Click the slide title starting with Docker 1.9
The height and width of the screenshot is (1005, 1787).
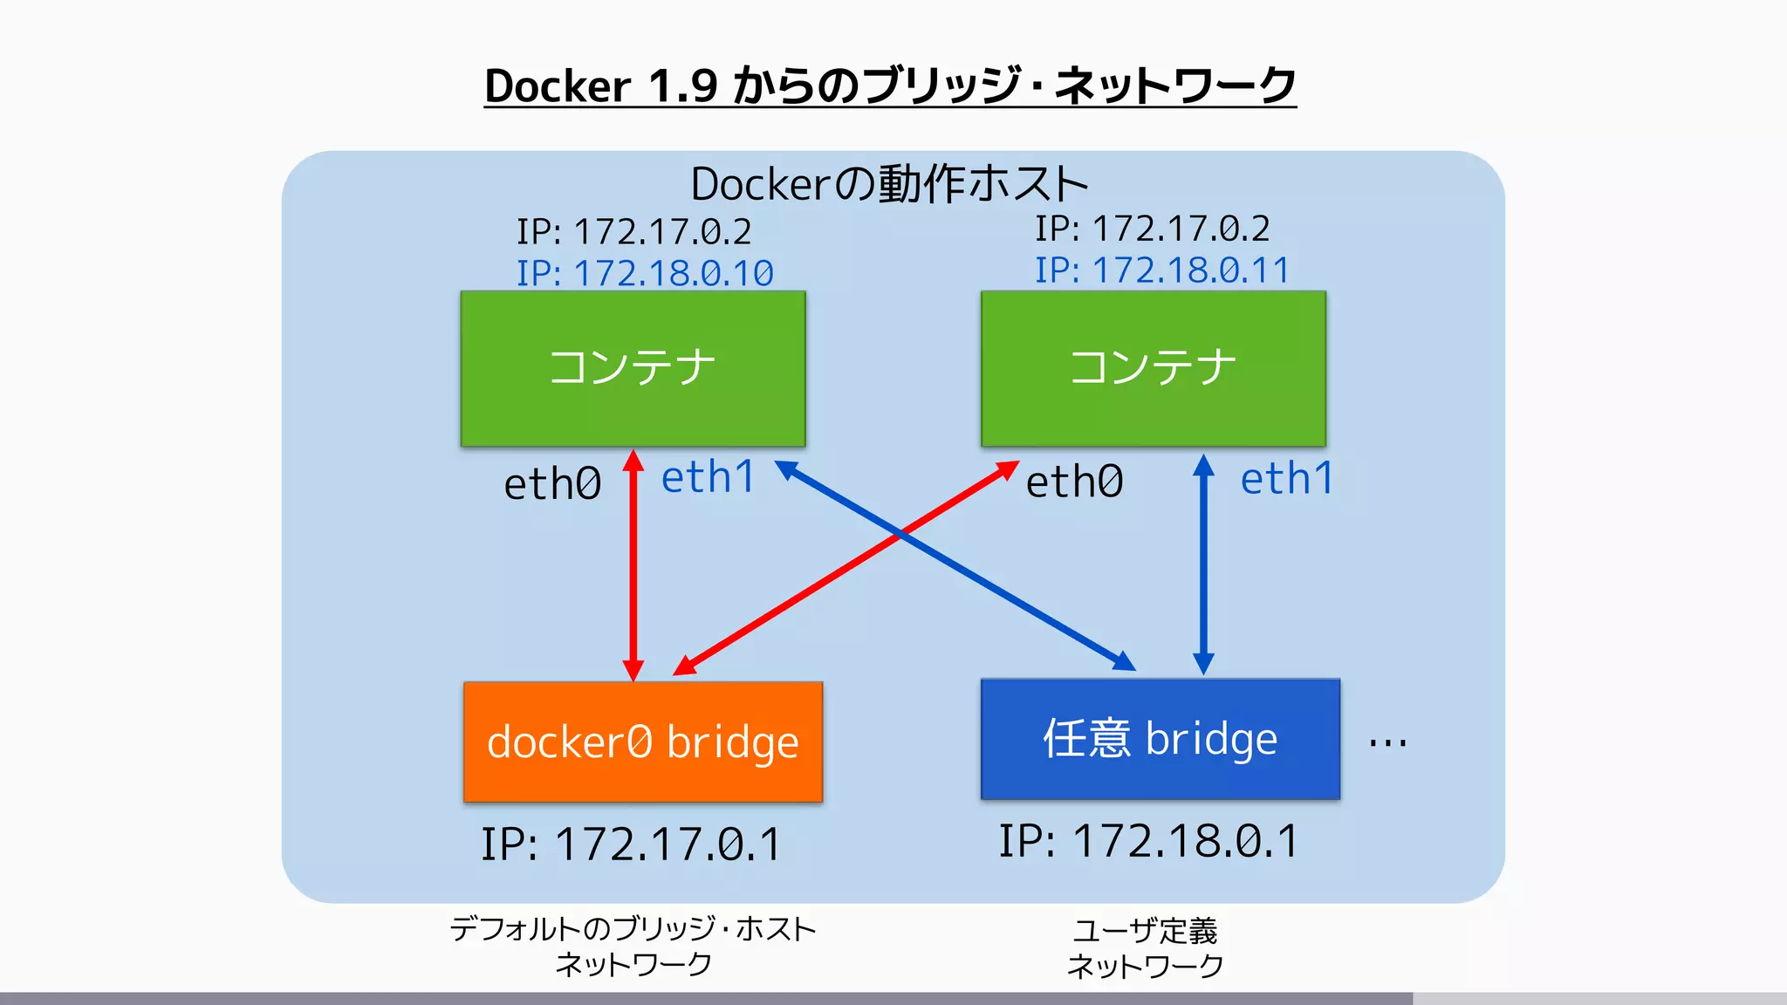tap(890, 85)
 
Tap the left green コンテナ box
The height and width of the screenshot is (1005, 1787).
tap(633, 368)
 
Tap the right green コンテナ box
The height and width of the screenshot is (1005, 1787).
tap(1153, 368)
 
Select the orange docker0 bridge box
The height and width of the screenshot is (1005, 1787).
tap(643, 742)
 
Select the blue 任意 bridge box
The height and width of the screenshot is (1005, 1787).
tap(1160, 739)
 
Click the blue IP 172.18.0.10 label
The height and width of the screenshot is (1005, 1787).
tap(645, 273)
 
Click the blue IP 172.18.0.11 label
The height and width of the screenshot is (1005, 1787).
tap(1161, 270)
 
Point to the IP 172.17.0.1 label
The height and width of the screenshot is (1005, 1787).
tap(631, 844)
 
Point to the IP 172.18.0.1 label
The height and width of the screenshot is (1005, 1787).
tap(1148, 841)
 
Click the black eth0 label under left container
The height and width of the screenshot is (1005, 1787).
tap(552, 484)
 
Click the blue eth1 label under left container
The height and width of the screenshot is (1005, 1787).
tap(708, 478)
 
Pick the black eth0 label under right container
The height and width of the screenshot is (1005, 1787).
tap(1074, 482)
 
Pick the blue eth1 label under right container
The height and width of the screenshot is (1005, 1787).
tap(1287, 479)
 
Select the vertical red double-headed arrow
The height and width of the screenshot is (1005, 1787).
tap(633, 567)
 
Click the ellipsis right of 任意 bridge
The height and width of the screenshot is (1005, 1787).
tap(1387, 743)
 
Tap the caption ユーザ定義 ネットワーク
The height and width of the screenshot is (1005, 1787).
tap(1145, 947)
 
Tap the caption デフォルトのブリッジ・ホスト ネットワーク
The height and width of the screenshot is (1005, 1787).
tap(633, 946)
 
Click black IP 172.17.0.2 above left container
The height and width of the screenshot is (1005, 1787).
tap(633, 232)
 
